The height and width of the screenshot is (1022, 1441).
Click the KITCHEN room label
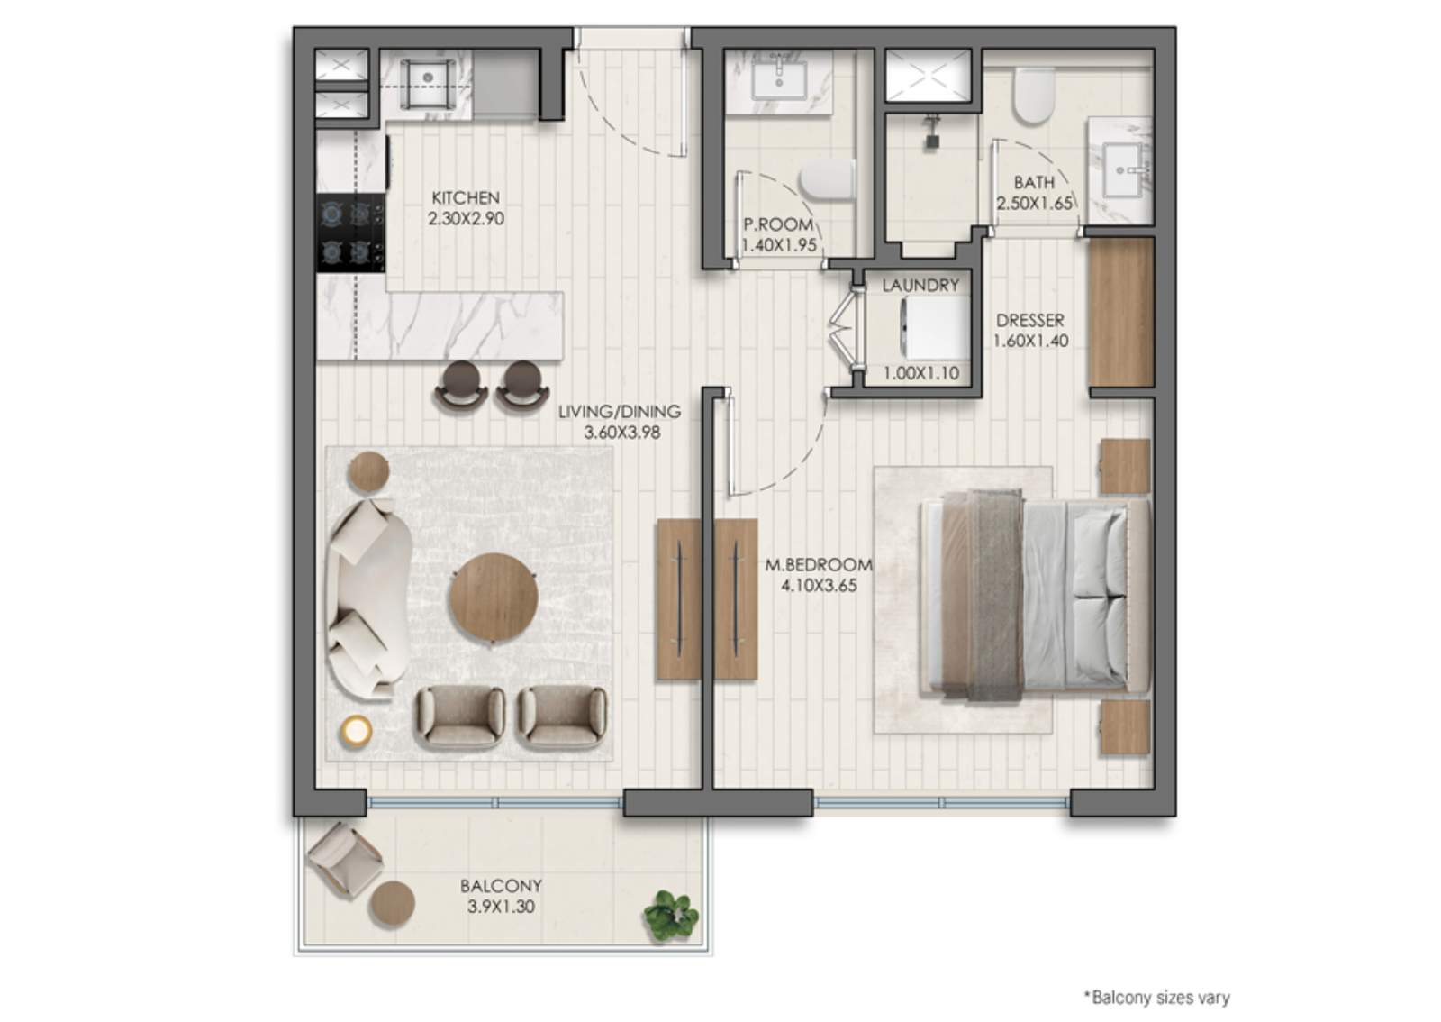(x=466, y=197)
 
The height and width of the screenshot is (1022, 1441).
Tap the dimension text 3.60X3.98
(x=622, y=433)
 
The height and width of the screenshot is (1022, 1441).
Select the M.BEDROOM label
(x=819, y=564)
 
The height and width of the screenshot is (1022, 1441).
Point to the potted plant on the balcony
(x=671, y=915)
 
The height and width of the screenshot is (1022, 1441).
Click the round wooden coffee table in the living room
(x=494, y=598)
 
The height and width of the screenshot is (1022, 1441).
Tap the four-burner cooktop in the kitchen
(x=350, y=233)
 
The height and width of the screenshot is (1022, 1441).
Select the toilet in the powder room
(x=828, y=179)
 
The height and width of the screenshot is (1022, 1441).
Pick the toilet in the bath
(x=1034, y=96)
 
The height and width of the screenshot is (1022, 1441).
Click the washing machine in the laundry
(x=935, y=327)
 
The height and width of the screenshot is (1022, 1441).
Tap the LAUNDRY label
(x=920, y=285)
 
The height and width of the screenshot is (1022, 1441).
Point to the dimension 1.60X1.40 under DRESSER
(x=1030, y=341)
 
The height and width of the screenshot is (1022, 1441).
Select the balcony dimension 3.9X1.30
(x=501, y=907)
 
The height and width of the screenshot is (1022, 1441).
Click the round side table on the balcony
(x=392, y=904)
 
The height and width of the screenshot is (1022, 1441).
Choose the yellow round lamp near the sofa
(x=357, y=731)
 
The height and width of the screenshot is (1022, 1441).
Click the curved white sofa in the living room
(x=368, y=598)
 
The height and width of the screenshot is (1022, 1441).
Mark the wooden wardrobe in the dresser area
(x=1121, y=313)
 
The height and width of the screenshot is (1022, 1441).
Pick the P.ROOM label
(x=778, y=224)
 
